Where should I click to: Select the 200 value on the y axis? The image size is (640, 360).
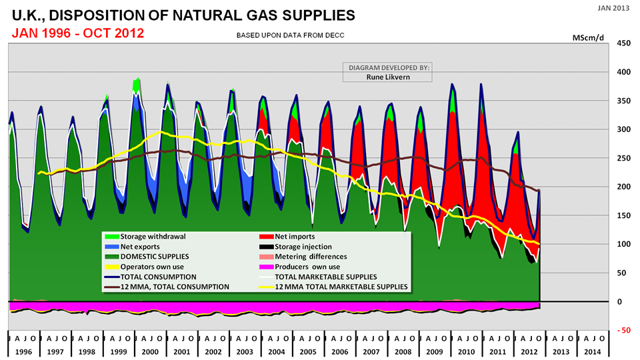click(623, 187)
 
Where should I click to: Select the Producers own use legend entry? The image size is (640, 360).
click(304, 266)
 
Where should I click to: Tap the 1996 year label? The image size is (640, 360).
click(23, 351)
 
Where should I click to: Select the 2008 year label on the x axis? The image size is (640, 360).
click(403, 351)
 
